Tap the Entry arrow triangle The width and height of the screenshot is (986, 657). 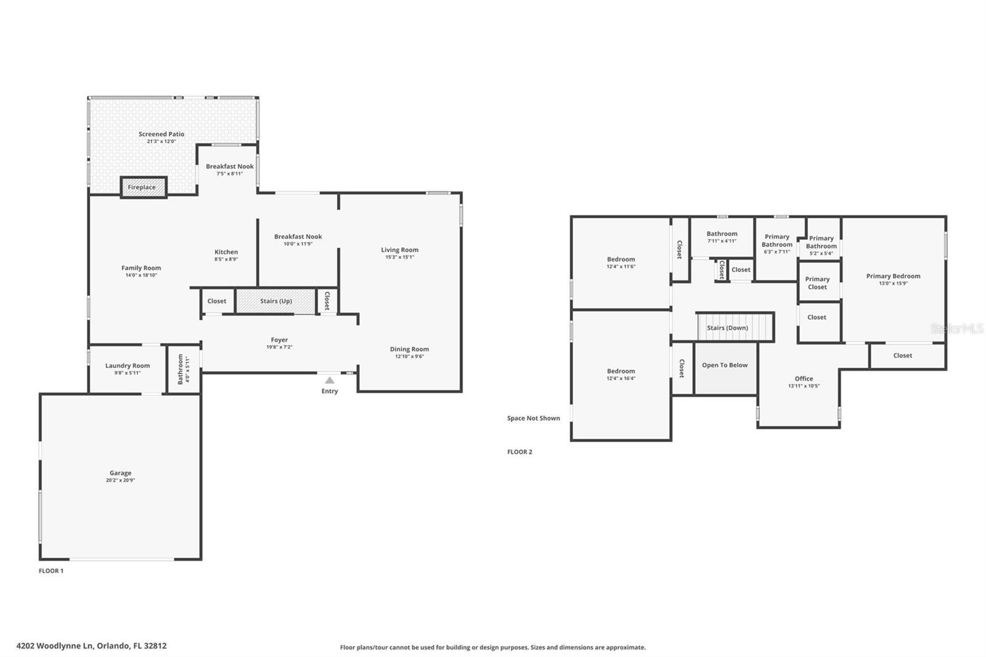pyautogui.click(x=330, y=380)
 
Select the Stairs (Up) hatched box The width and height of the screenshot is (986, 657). pyautogui.click(x=275, y=301)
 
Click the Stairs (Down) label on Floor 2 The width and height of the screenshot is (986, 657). pyautogui.click(x=727, y=328)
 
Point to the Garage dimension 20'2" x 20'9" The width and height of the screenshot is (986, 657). pyautogui.click(x=120, y=480)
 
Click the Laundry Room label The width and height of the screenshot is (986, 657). pyautogui.click(x=128, y=365)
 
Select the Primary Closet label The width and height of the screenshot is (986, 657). pyautogui.click(x=817, y=283)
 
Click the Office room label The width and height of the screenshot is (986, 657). pyautogui.click(x=804, y=378)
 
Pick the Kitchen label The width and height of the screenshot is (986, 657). pyautogui.click(x=226, y=251)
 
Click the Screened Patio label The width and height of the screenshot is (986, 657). pyautogui.click(x=161, y=134)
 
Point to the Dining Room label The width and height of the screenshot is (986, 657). pyautogui.click(x=409, y=349)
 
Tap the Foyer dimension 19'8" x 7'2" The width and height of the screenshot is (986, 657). pyautogui.click(x=279, y=347)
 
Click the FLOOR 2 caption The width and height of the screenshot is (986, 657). pyautogui.click(x=519, y=452)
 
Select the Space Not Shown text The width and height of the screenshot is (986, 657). pyautogui.click(x=534, y=418)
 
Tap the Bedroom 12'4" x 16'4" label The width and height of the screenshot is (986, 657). pyautogui.click(x=621, y=371)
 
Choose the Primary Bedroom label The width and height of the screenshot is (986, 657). pyautogui.click(x=893, y=276)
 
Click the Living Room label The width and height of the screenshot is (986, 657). pyautogui.click(x=399, y=250)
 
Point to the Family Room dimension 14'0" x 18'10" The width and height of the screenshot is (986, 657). pyautogui.click(x=141, y=275)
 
